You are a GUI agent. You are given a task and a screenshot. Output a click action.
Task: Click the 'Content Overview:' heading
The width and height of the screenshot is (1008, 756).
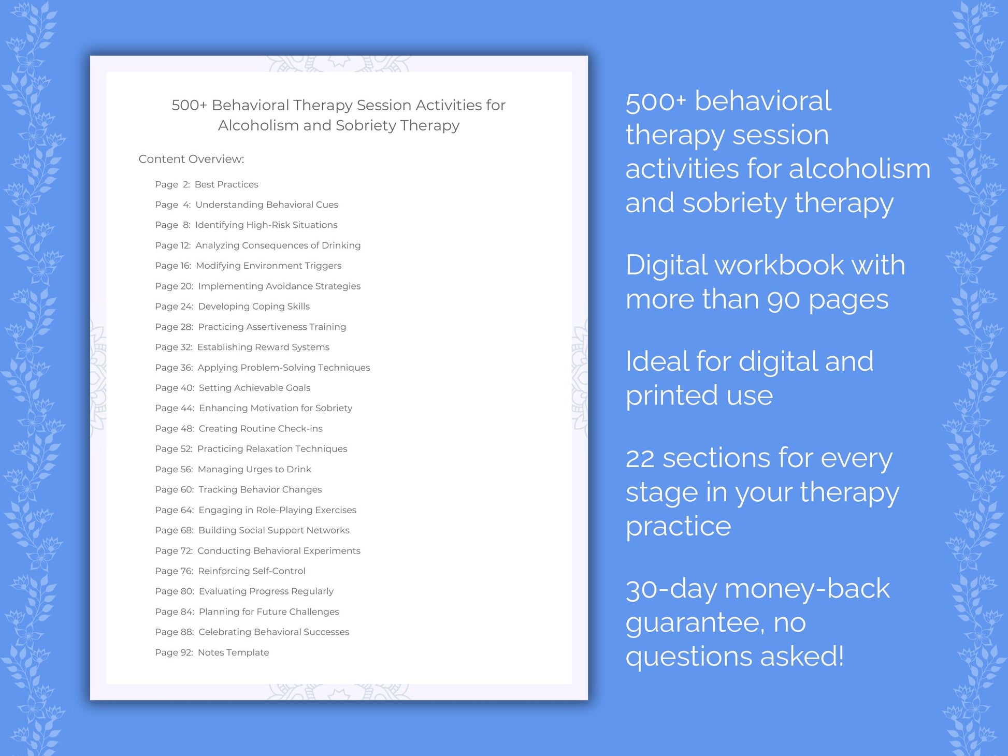[x=191, y=159]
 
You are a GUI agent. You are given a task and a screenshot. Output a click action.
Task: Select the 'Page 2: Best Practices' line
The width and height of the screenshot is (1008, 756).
[x=206, y=184]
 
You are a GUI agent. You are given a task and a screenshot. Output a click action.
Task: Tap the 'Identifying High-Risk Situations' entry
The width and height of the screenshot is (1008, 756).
[x=266, y=225]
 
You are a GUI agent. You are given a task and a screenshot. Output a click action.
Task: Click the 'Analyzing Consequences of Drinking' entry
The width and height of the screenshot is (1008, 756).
[x=278, y=245]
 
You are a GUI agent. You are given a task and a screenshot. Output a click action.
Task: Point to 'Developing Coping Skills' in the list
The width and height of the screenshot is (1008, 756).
[x=254, y=307]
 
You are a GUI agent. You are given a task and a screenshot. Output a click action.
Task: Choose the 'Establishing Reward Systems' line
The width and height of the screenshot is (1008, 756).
[x=263, y=347]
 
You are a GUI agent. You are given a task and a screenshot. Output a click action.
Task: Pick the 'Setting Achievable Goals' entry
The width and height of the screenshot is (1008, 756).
[x=254, y=388]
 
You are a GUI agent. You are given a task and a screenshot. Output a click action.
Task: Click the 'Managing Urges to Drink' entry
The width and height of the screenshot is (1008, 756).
[x=254, y=469]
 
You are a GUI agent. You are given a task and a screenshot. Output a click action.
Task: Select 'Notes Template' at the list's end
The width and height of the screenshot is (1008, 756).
[x=233, y=652]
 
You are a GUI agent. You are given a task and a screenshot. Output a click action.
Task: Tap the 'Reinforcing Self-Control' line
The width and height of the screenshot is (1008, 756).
[x=251, y=571]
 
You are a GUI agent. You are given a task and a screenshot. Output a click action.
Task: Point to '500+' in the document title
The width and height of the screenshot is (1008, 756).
[x=189, y=105]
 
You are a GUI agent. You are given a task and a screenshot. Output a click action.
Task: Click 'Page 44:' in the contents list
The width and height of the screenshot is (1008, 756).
[x=175, y=408]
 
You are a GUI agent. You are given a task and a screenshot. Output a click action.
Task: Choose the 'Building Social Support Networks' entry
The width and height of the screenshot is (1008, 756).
[x=273, y=530]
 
